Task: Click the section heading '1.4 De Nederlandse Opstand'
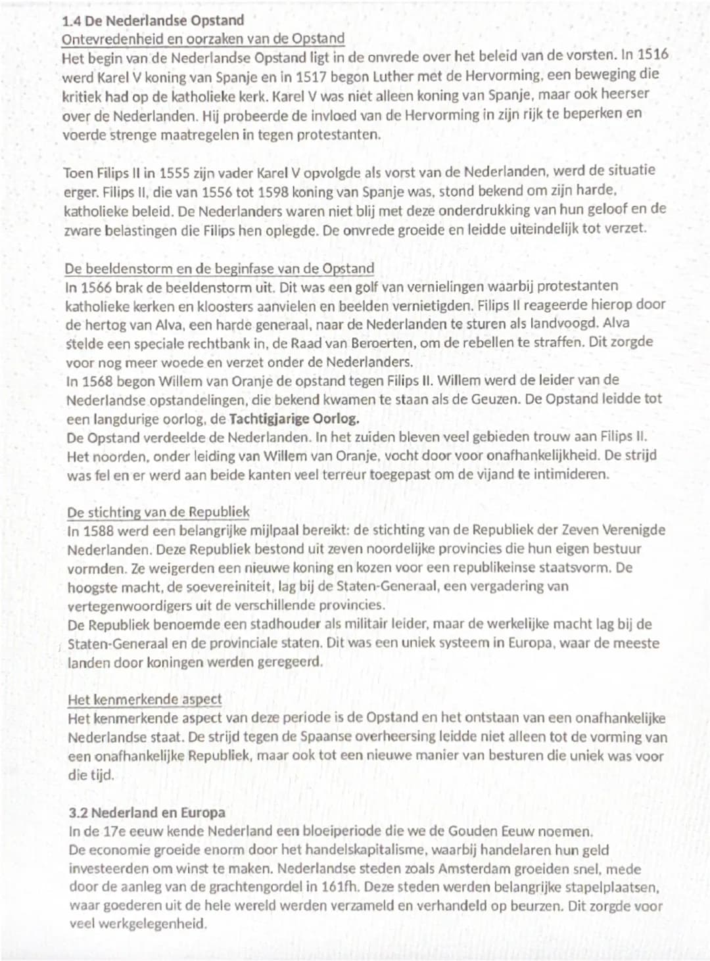click(153, 20)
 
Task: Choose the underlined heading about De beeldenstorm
click(219, 268)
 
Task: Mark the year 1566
click(99, 287)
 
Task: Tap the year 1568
click(99, 381)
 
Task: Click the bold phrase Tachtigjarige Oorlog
click(294, 419)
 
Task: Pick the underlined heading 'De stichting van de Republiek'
click(158, 512)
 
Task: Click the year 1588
click(100, 530)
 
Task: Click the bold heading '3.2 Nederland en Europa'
click(147, 813)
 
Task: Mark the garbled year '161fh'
click(340, 887)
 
